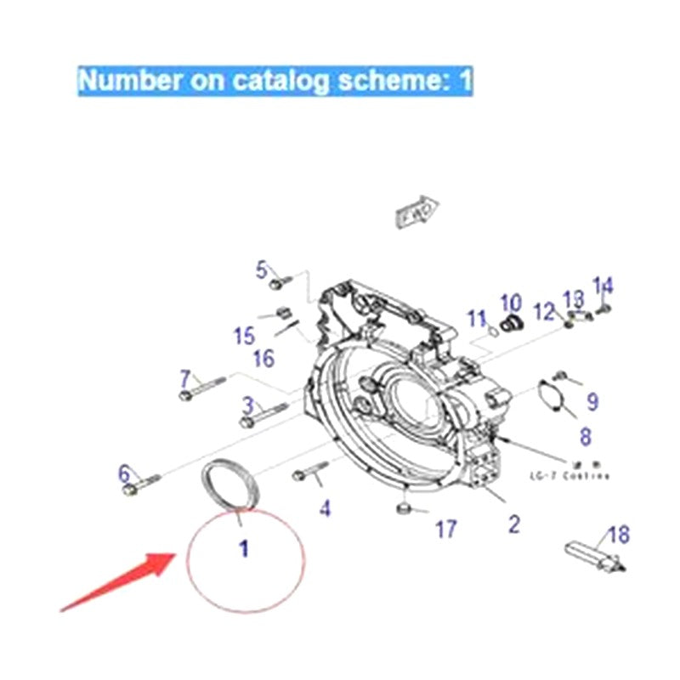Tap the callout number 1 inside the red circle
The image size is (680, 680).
(x=244, y=550)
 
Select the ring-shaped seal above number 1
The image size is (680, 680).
(x=229, y=484)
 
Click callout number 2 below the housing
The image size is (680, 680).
(x=513, y=524)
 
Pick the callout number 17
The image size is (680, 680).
(x=446, y=530)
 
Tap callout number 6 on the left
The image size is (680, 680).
(x=125, y=473)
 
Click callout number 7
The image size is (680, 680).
(x=186, y=377)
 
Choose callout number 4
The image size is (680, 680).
(x=325, y=508)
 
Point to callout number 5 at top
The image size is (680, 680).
(x=262, y=270)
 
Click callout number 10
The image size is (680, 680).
(x=510, y=303)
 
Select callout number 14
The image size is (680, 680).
(x=603, y=286)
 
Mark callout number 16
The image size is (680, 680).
(x=263, y=359)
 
